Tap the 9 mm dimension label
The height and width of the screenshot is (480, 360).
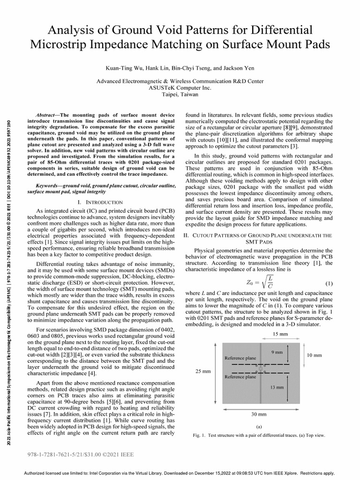point(277,352)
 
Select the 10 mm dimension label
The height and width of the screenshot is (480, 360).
point(315,355)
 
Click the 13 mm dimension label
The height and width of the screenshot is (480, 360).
point(277,387)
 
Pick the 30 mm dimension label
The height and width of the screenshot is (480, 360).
point(259,414)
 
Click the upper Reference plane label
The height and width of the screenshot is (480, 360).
point(240,358)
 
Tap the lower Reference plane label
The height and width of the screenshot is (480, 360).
point(240,376)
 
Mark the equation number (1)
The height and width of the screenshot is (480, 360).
point(329,284)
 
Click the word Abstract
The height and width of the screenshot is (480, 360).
point(48,115)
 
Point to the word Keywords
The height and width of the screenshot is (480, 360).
point(49,186)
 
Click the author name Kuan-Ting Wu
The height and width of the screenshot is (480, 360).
point(123,68)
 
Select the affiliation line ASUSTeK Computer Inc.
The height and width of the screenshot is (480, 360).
point(180,88)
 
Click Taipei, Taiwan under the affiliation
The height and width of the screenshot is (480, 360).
point(180,94)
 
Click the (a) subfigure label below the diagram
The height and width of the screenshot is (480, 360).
point(259,427)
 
